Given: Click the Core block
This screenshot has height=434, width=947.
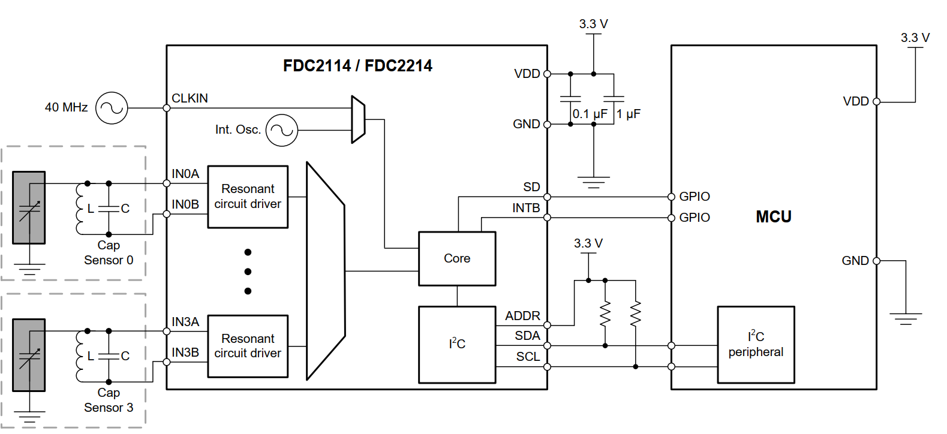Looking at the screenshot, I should coord(457,258).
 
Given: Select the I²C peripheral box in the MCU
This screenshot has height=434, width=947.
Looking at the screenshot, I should coord(756,345).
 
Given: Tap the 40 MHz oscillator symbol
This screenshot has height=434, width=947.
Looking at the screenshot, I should coord(112,108).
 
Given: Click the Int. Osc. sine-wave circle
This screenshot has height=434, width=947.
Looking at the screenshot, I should coord(281,130).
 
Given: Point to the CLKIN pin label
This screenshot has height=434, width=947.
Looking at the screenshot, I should coord(190,98).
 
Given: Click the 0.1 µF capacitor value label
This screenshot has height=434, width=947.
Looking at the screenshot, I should coord(590,114).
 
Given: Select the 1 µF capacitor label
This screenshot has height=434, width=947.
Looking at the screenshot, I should coord(629,114).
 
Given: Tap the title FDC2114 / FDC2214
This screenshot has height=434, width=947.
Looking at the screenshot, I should coord(357,66).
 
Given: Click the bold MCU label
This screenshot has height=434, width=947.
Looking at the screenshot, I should coord(773,217).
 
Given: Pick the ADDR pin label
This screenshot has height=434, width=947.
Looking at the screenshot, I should coord(522,316).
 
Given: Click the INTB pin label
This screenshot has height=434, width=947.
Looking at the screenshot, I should coord(526,208).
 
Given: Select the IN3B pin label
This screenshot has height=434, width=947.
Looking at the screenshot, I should coord(185,352).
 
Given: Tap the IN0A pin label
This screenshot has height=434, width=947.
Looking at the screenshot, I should coord(185,174).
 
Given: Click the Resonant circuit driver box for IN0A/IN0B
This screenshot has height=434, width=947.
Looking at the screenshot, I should coord(248,197).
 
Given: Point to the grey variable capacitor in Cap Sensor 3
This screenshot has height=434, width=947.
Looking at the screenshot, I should coord(29,355).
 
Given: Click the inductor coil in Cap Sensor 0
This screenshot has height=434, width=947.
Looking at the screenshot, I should coord(80,208).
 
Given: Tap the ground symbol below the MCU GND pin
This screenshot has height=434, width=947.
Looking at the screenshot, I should coord(905,318).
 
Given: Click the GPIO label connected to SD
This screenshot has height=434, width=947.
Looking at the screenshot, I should coord(695,197).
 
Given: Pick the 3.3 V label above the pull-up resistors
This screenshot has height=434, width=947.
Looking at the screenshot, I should coord(588,243).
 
